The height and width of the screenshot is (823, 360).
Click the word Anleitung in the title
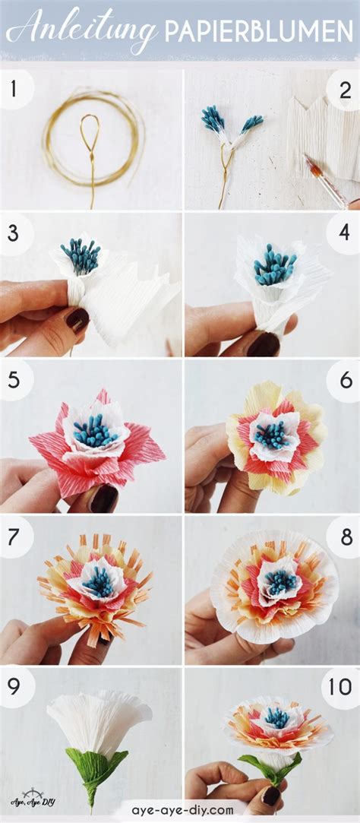(82, 27)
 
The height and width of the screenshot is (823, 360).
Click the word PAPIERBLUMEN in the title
(259, 30)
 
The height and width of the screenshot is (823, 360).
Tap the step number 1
(13, 89)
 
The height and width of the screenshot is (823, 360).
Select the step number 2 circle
(344, 90)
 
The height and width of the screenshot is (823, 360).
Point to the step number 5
(13, 379)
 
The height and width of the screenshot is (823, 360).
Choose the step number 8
(346, 536)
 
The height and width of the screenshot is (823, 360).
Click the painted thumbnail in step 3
(77, 319)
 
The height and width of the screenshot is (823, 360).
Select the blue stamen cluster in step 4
(274, 265)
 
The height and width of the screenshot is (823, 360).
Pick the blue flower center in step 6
(273, 435)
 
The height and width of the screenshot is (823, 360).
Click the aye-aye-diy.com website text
(182, 810)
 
